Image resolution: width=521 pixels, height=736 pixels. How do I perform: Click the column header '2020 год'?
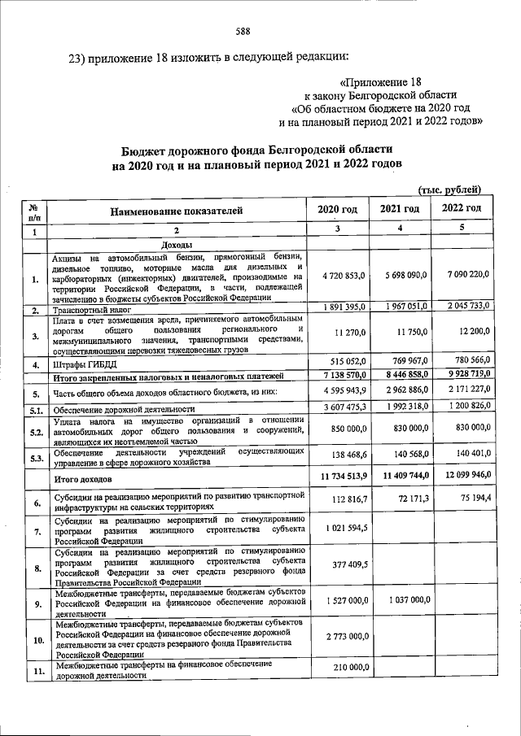tap(338, 209)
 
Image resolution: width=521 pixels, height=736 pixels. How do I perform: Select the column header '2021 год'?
tap(400, 209)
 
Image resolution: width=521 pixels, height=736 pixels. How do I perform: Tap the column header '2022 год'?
tap(462, 209)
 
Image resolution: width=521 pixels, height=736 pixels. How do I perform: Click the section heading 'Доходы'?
tap(177, 245)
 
